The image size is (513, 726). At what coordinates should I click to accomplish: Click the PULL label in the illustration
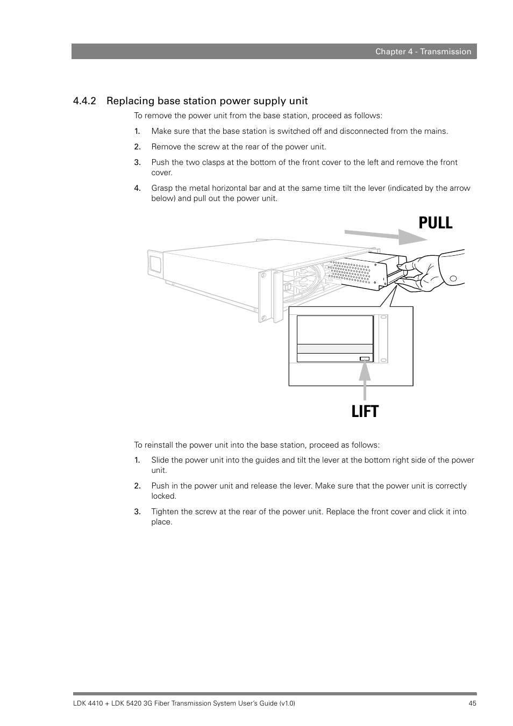pyautogui.click(x=435, y=222)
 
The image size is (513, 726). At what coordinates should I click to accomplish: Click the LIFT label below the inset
pyautogui.click(x=365, y=412)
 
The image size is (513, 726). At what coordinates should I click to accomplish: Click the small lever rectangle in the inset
pyautogui.click(x=365, y=358)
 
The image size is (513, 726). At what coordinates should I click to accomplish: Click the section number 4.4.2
pyautogui.click(x=84, y=101)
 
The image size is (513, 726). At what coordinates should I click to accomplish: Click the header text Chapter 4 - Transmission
pyautogui.click(x=423, y=52)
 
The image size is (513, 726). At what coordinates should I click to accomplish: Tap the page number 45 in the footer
pyautogui.click(x=472, y=703)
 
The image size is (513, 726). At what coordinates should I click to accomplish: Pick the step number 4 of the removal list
pyautogui.click(x=137, y=188)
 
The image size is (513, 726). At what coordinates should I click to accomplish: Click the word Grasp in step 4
pyautogui.click(x=162, y=188)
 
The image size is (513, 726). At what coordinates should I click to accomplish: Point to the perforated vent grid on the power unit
pyautogui.click(x=350, y=271)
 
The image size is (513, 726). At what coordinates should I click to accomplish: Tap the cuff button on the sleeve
pyautogui.click(x=453, y=278)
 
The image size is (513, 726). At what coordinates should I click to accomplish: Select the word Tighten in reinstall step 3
pyautogui.click(x=166, y=512)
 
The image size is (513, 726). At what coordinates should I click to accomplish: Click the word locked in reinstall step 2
pyautogui.click(x=163, y=496)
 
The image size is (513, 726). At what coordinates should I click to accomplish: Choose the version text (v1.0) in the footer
pyautogui.click(x=287, y=703)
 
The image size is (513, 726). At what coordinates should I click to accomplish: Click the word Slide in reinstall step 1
pyautogui.click(x=160, y=460)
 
